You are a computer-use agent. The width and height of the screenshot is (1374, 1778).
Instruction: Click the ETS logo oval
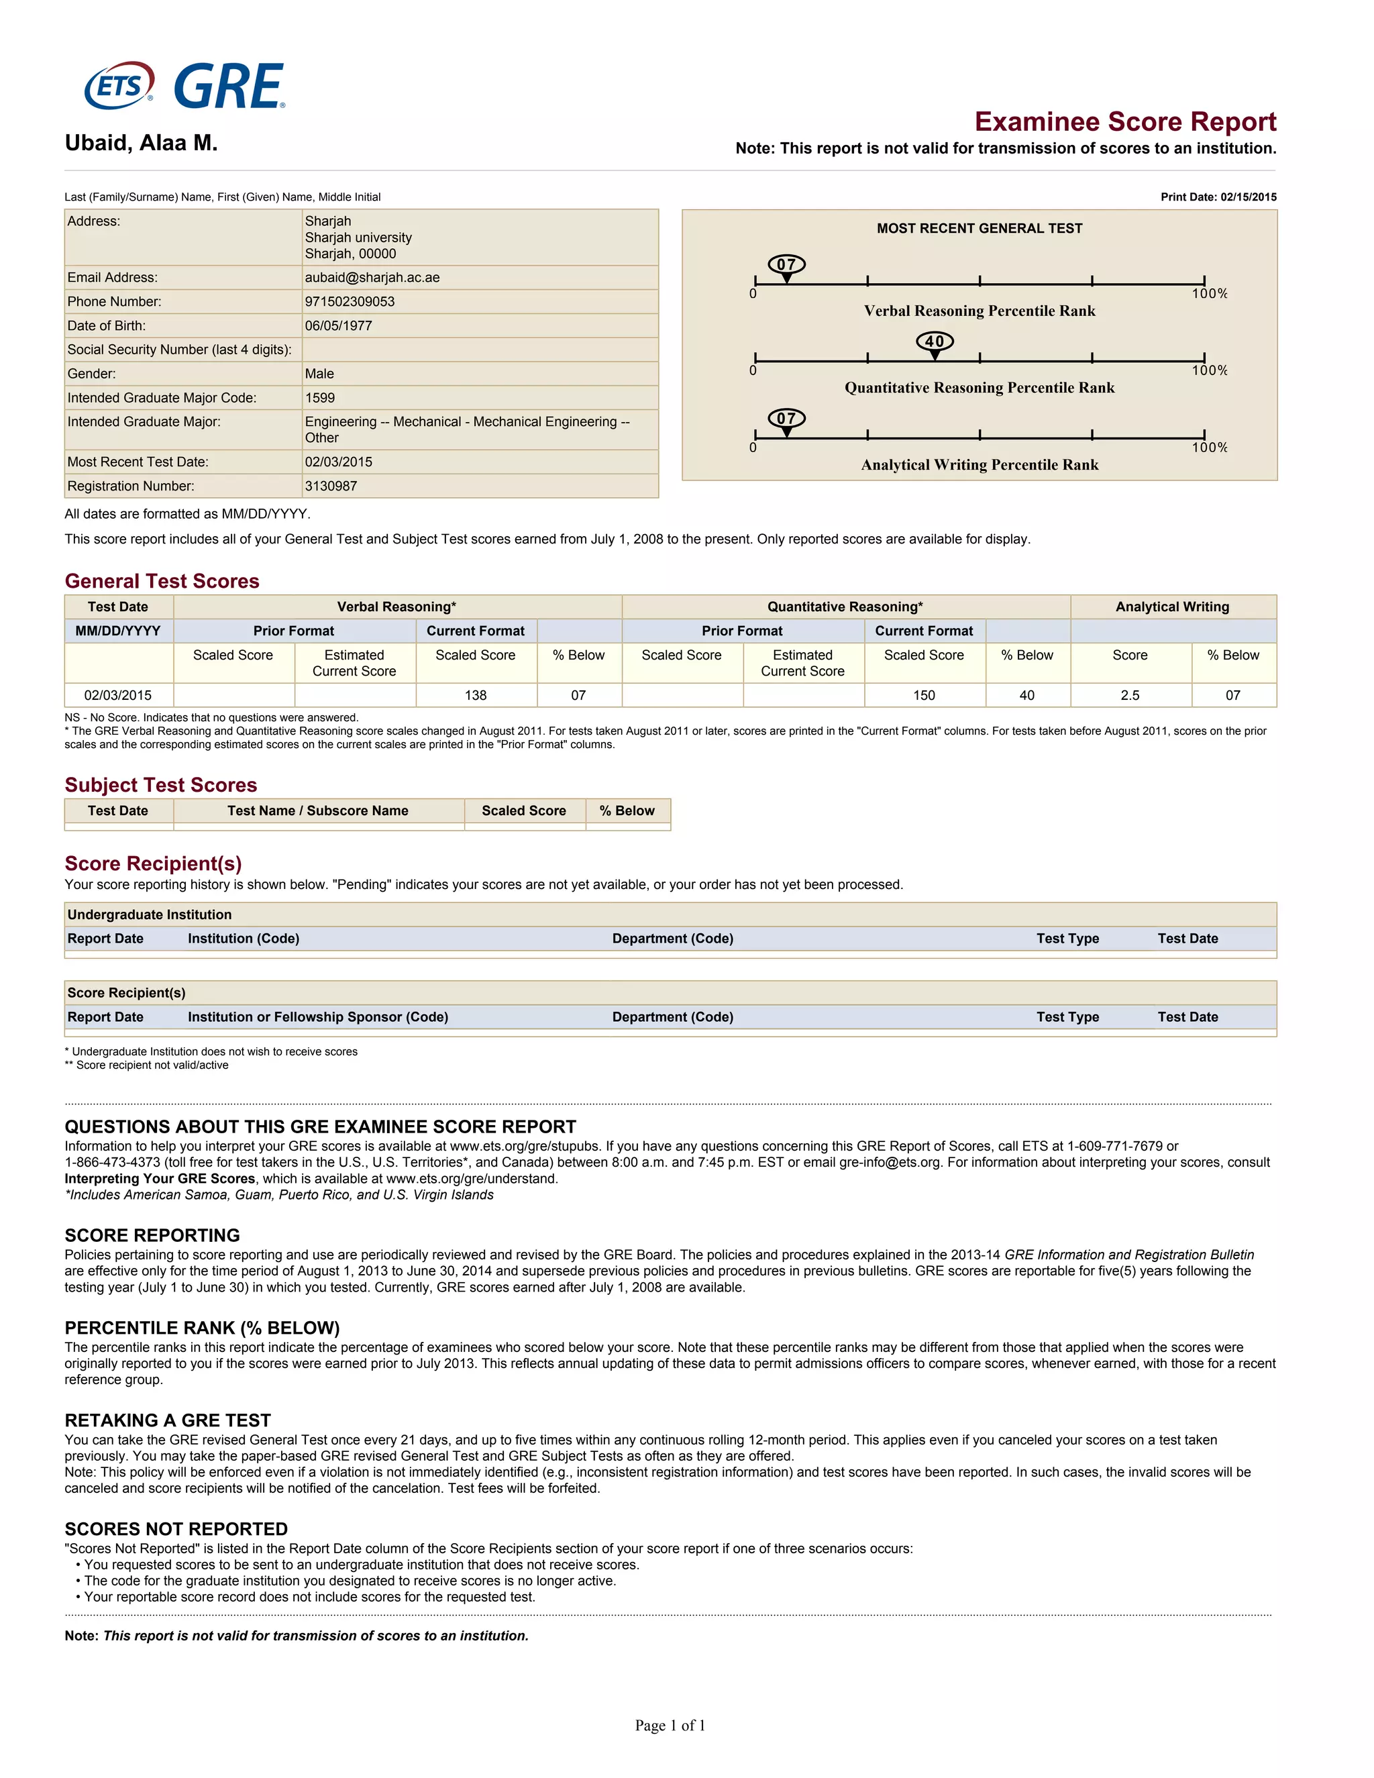pyautogui.click(x=119, y=85)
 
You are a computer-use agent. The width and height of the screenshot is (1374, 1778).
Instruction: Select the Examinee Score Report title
pyautogui.click(x=1125, y=121)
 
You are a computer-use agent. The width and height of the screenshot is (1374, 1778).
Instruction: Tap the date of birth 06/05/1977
pyautogui.click(x=338, y=325)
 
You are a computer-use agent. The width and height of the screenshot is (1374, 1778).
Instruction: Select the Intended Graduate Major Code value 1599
pyautogui.click(x=320, y=397)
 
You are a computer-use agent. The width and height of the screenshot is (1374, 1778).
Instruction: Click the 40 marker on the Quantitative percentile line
pyautogui.click(x=935, y=342)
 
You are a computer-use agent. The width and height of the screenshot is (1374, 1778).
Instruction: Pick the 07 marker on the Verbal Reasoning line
pyautogui.click(x=786, y=264)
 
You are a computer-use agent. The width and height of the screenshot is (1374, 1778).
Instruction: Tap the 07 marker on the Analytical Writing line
pyautogui.click(x=786, y=419)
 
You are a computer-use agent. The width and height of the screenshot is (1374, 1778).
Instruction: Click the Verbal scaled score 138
pyautogui.click(x=476, y=695)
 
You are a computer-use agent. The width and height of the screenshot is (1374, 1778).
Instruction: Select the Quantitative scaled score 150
pyautogui.click(x=924, y=695)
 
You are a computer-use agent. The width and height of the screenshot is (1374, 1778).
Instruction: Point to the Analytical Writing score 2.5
pyautogui.click(x=1130, y=695)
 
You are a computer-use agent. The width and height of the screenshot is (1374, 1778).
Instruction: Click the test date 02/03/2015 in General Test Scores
pyautogui.click(x=118, y=695)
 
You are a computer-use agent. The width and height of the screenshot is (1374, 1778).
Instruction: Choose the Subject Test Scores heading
pyautogui.click(x=161, y=785)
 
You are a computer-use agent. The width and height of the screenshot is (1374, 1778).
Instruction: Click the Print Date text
pyautogui.click(x=1218, y=197)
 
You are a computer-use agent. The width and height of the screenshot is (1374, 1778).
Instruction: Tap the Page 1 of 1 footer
pyautogui.click(x=670, y=1725)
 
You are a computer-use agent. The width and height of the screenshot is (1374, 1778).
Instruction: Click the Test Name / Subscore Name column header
pyautogui.click(x=317, y=811)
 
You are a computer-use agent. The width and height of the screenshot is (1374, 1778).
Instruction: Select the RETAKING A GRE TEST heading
pyautogui.click(x=168, y=1420)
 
